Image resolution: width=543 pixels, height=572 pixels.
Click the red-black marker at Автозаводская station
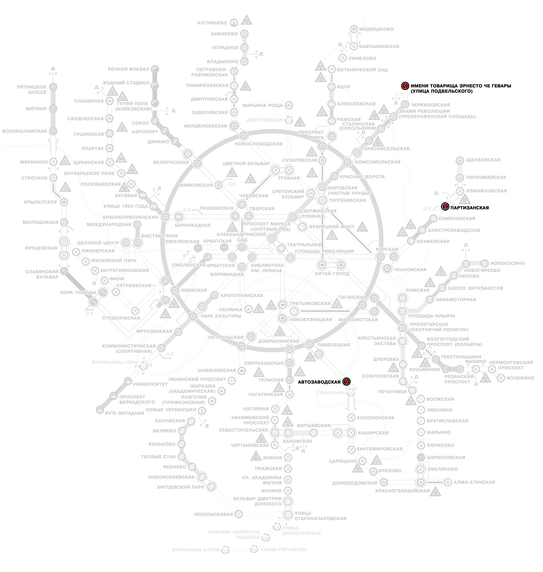click(346, 381)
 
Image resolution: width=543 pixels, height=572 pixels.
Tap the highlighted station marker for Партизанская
click(445, 207)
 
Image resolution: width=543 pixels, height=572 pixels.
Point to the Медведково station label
click(376, 29)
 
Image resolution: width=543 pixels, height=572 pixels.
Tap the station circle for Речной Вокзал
click(155, 69)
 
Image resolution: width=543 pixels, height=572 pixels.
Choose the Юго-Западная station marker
click(100, 410)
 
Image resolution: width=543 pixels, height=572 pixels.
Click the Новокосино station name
click(507, 263)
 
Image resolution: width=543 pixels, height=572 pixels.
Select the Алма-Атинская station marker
click(448, 482)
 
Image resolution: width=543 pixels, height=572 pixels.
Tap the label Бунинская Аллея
click(196, 549)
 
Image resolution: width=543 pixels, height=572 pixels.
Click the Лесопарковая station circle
click(238, 514)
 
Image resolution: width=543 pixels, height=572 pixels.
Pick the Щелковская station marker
click(460, 160)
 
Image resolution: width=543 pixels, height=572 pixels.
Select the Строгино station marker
click(53, 178)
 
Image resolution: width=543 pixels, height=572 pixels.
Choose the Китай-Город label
click(332, 273)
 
